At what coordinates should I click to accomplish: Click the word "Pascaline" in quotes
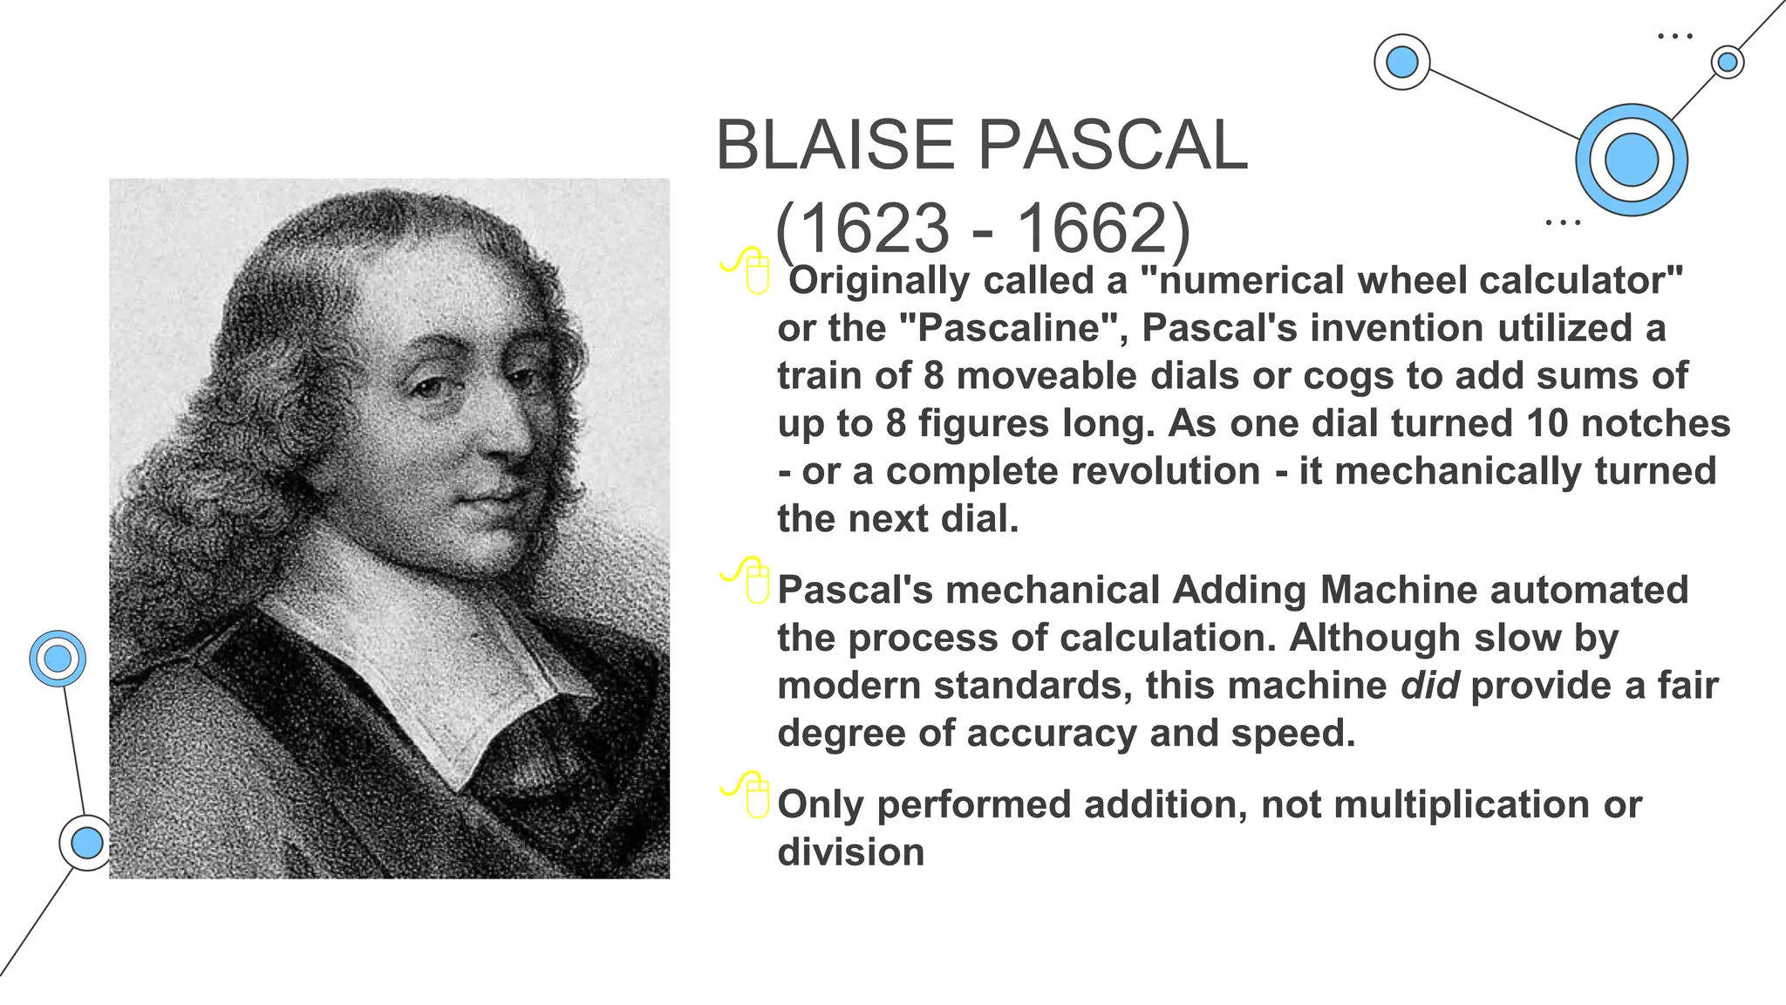click(x=1012, y=328)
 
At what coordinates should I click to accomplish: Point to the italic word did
click(x=1429, y=685)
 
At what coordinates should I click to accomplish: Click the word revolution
click(x=1073, y=471)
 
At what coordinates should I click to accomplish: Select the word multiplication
click(x=1462, y=804)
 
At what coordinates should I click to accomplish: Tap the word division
click(x=850, y=852)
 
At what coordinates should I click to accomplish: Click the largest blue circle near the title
click(x=1631, y=161)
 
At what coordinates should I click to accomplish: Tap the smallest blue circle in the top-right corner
click(x=1727, y=62)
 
